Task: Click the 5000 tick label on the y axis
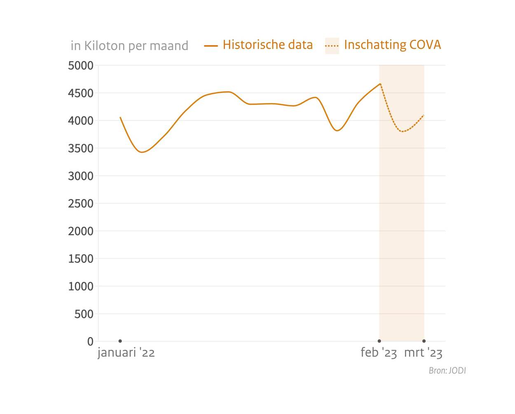pyautogui.click(x=81, y=65)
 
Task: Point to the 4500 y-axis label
pyautogui.click(x=81, y=93)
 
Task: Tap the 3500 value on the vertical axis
pyautogui.click(x=81, y=148)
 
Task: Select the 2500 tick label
pyautogui.click(x=81, y=203)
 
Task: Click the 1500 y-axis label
pyautogui.click(x=81, y=259)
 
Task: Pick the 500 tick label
pyautogui.click(x=84, y=314)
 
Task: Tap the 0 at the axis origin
pyautogui.click(x=90, y=341)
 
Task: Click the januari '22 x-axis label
pyautogui.click(x=126, y=353)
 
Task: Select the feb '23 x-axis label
pyautogui.click(x=379, y=353)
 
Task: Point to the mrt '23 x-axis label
pyautogui.click(x=423, y=353)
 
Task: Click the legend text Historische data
pyautogui.click(x=268, y=44)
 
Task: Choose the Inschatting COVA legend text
pyautogui.click(x=392, y=44)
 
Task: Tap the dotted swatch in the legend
pyautogui.click(x=332, y=46)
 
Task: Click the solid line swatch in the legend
pyautogui.click(x=211, y=46)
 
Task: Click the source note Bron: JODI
pyautogui.click(x=447, y=371)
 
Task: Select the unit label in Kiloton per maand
pyautogui.click(x=129, y=45)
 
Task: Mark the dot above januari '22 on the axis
pyautogui.click(x=120, y=341)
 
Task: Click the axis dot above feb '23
pyautogui.click(x=379, y=341)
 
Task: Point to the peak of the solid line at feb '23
pyautogui.click(x=380, y=84)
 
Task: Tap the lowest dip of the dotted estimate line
pyautogui.click(x=403, y=131)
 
